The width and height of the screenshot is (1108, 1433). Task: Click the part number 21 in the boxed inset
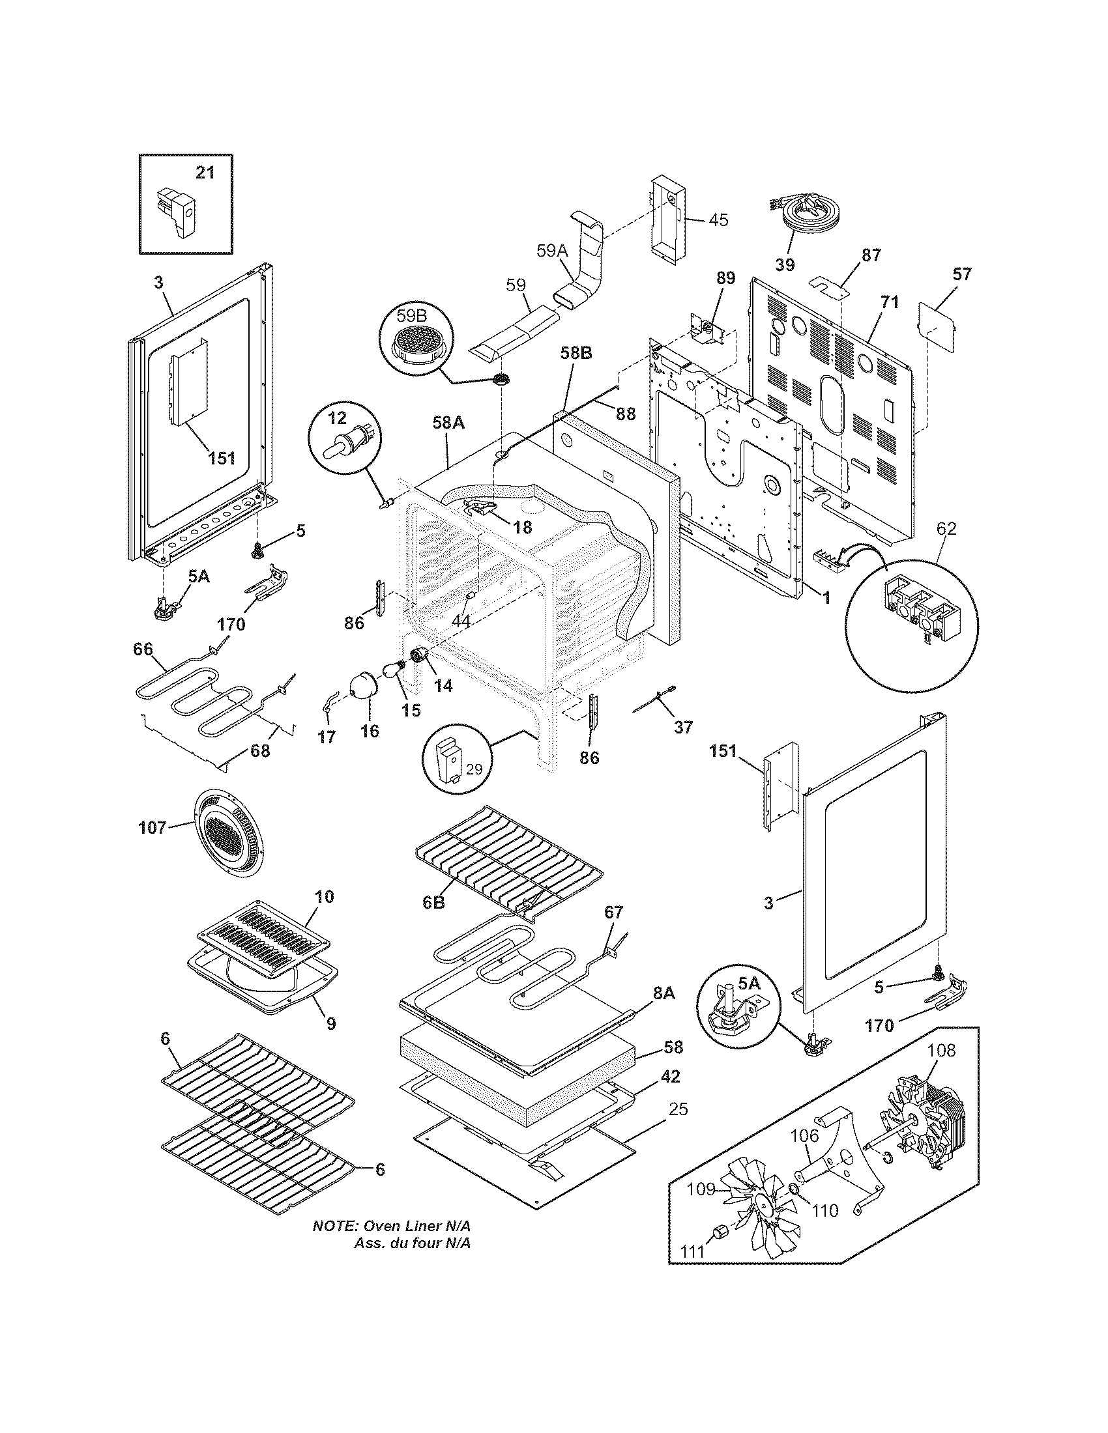pyautogui.click(x=205, y=173)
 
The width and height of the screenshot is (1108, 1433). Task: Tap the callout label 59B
pyautogui.click(x=411, y=317)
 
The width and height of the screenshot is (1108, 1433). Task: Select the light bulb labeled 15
pyautogui.click(x=394, y=672)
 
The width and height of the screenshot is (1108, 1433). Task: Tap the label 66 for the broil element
pyautogui.click(x=143, y=649)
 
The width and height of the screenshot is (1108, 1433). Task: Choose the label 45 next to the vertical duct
pyautogui.click(x=719, y=220)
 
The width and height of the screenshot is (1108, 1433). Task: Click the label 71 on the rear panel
pyautogui.click(x=890, y=302)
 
